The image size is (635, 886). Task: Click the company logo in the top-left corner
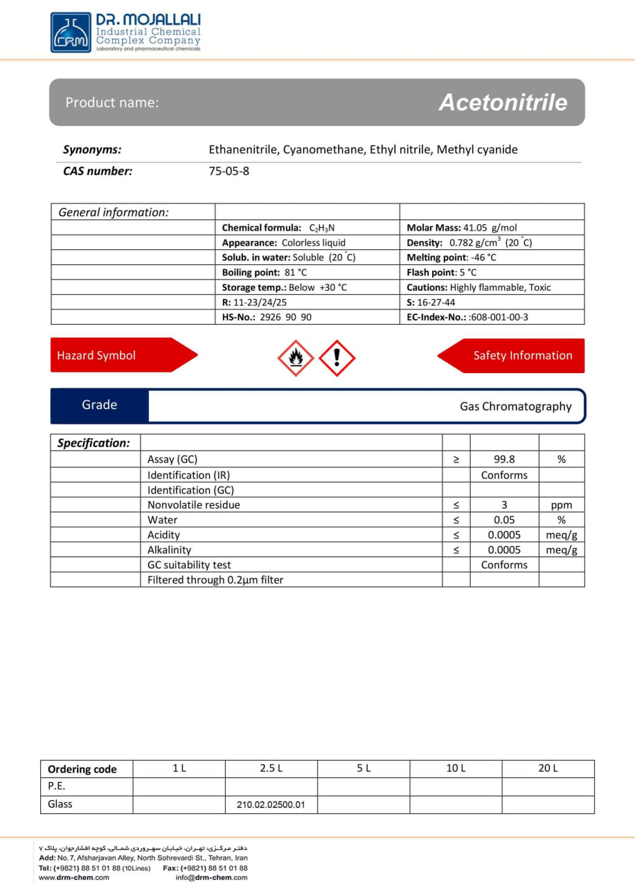coord(71,32)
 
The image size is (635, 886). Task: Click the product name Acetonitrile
coord(503,102)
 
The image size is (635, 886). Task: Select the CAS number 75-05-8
coord(229,171)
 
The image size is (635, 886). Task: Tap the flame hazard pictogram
coord(296,358)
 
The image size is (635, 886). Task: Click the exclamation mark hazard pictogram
coord(337,358)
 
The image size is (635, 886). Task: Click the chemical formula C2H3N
coord(322,228)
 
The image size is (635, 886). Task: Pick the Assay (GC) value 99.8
coord(504,459)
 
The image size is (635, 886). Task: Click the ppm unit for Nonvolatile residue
coord(561,505)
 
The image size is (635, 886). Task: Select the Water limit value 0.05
coord(504,520)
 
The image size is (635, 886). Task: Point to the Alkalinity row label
coord(169,550)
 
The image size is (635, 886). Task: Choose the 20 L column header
coord(548,768)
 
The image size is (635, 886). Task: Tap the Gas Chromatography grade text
coord(516,406)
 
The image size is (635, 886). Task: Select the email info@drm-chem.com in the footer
coord(211,878)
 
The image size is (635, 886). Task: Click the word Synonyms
coord(92,150)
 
